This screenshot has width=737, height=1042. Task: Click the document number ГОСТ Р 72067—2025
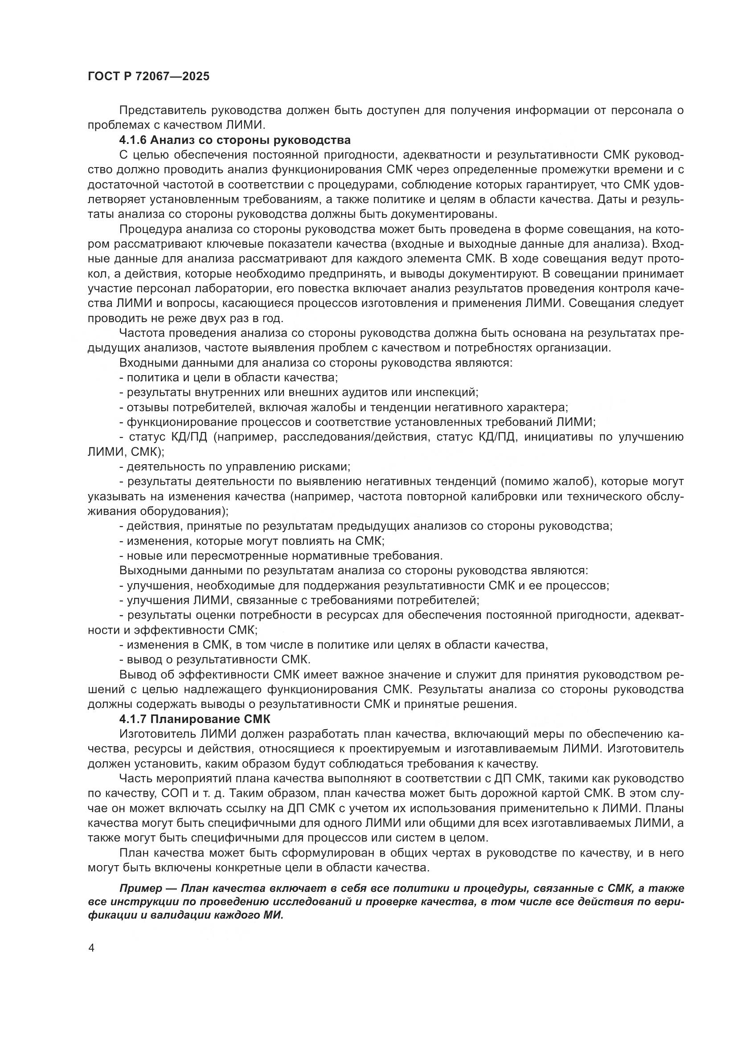click(149, 76)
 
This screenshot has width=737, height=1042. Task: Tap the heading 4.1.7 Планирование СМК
click(195, 719)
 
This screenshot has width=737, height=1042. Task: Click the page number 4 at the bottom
click(92, 948)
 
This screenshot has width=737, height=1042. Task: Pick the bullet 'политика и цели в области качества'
click(228, 378)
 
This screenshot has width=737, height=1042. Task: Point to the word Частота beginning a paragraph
click(142, 333)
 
